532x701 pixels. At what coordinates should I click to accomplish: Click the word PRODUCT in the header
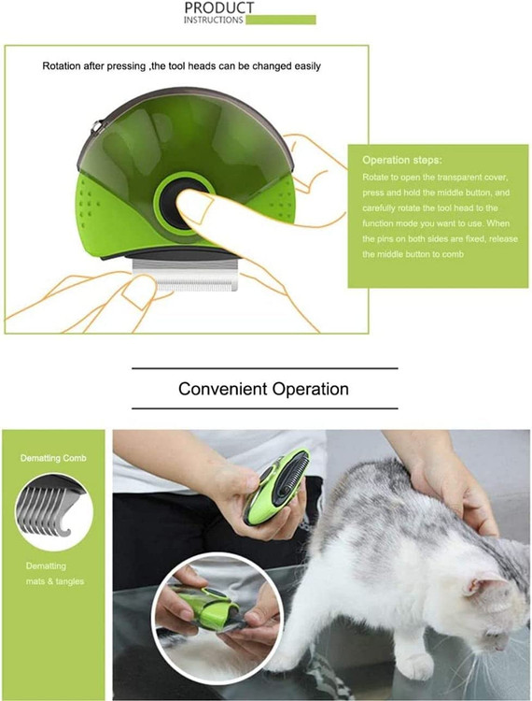point(218,7)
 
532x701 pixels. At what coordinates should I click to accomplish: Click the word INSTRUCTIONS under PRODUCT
point(214,21)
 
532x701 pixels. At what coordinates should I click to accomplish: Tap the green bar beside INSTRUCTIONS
point(281,20)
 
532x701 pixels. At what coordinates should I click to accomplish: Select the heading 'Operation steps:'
point(402,160)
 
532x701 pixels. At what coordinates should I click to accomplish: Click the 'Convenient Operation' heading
point(263,389)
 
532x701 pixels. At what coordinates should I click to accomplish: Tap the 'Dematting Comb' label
point(53,458)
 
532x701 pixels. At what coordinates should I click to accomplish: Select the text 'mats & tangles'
point(55,581)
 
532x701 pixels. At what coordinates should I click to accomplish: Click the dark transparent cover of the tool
point(188,134)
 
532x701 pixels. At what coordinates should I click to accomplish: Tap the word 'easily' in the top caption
point(307,66)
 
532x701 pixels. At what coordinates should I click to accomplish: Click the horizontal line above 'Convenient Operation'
point(265,368)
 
